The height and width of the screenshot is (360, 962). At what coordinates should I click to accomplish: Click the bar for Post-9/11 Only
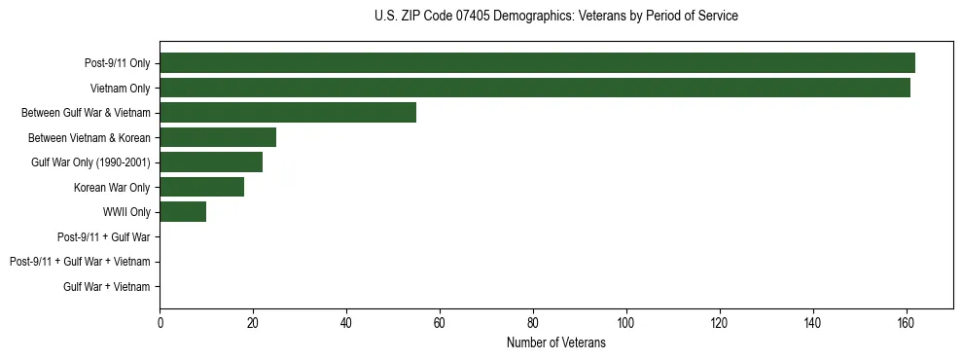(537, 62)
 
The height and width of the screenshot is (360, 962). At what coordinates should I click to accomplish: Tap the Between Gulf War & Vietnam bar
(288, 112)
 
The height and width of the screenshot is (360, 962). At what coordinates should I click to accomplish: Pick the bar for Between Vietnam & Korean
(218, 137)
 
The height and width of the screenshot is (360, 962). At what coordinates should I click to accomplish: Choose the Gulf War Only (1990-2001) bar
(211, 162)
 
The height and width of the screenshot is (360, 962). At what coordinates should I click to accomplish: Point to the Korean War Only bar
(201, 187)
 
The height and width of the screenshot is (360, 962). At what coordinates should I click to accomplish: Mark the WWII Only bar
(183, 211)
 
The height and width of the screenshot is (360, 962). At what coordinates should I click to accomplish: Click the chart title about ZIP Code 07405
(555, 17)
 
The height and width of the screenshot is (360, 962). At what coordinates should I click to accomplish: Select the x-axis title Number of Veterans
(555, 342)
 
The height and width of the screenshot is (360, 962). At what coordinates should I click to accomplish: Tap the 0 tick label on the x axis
(160, 323)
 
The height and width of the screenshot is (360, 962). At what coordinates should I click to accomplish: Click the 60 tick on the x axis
(440, 323)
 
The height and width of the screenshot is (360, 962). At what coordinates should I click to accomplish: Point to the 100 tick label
(626, 323)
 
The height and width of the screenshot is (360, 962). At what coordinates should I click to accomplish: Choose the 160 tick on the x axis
(907, 323)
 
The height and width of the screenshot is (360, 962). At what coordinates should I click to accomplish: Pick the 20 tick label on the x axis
(253, 323)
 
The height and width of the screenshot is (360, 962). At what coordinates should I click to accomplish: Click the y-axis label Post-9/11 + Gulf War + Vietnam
(80, 262)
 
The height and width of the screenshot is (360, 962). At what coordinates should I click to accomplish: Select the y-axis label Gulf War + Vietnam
(107, 286)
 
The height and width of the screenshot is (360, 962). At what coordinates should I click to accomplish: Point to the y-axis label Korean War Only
(112, 187)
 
